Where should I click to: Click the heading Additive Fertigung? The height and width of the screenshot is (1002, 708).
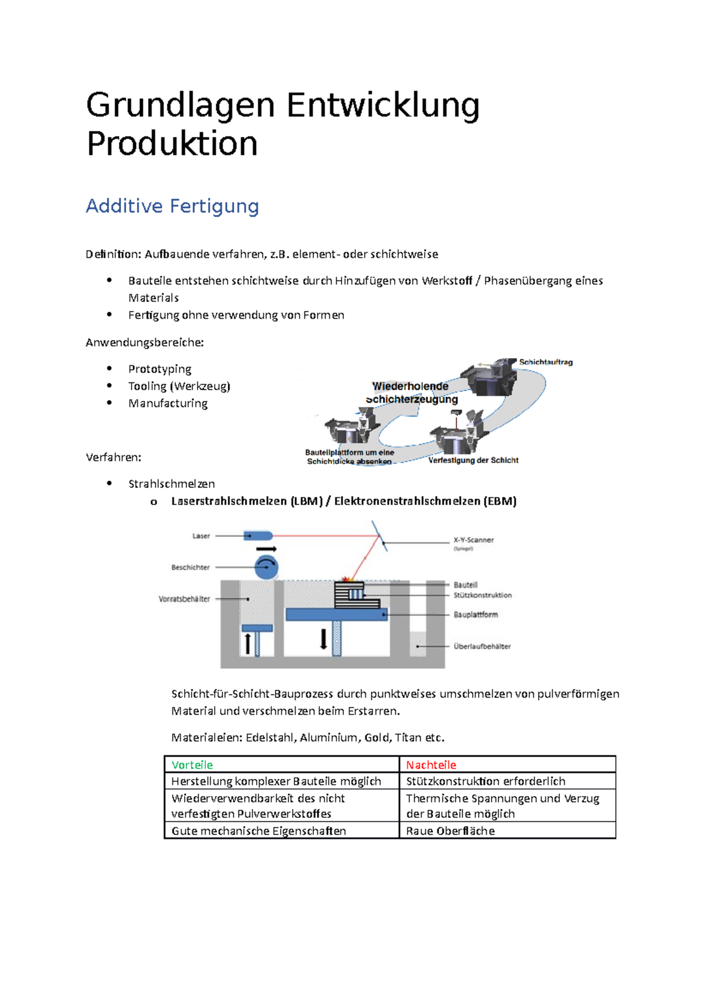click(x=172, y=206)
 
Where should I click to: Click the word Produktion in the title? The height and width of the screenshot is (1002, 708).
click(x=172, y=143)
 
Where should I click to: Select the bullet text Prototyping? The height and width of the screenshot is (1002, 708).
click(x=160, y=369)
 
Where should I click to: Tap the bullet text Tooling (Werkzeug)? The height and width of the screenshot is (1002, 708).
click(x=179, y=386)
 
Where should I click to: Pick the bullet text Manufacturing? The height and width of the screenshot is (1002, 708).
click(x=168, y=403)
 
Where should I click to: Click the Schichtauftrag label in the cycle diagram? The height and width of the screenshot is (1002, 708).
click(x=546, y=362)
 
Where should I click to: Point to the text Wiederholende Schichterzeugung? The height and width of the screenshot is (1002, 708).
click(x=411, y=392)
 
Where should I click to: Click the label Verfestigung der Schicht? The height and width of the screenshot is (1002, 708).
click(x=473, y=460)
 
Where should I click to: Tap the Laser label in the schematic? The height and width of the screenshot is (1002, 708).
click(x=201, y=536)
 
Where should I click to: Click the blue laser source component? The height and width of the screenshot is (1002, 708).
click(x=258, y=536)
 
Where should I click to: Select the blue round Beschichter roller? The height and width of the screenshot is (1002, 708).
click(x=266, y=568)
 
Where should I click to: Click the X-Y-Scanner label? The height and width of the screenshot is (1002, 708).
click(x=473, y=540)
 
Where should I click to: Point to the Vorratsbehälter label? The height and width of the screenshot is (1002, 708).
click(x=184, y=599)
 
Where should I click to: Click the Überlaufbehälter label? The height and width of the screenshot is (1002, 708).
click(x=481, y=646)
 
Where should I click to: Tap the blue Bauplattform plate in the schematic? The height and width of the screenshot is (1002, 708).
click(x=336, y=614)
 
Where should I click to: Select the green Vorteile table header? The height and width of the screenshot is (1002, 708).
click(x=192, y=765)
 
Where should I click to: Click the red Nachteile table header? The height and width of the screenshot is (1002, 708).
click(x=431, y=765)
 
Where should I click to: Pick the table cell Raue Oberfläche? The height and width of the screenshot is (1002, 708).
click(x=450, y=831)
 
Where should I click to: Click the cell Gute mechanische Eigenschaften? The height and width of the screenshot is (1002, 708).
click(x=258, y=831)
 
